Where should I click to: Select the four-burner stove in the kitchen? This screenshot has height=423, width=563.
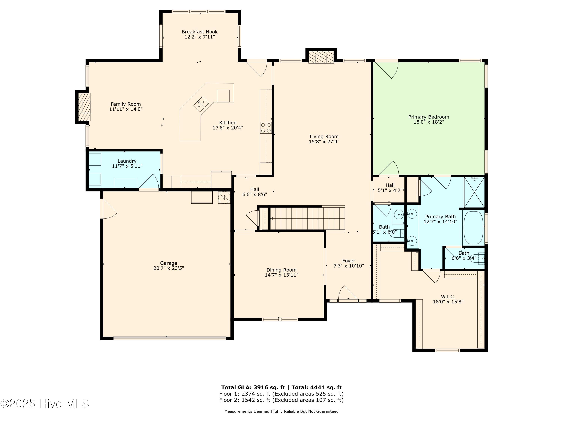pos(266,128)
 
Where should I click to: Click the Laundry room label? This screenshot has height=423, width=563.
pos(127,161)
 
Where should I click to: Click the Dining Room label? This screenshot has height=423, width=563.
pos(281,270)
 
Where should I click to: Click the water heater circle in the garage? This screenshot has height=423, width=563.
pos(224,197)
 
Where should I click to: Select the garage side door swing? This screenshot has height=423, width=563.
pos(108,209)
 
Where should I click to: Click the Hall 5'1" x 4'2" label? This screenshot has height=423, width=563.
pos(390,185)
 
